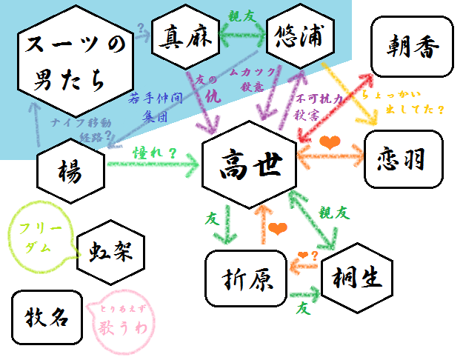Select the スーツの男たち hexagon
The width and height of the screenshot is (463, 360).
pos(71,61)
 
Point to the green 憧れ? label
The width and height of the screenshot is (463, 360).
pos(154,153)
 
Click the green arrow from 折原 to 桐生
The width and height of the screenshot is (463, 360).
pos(304,294)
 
